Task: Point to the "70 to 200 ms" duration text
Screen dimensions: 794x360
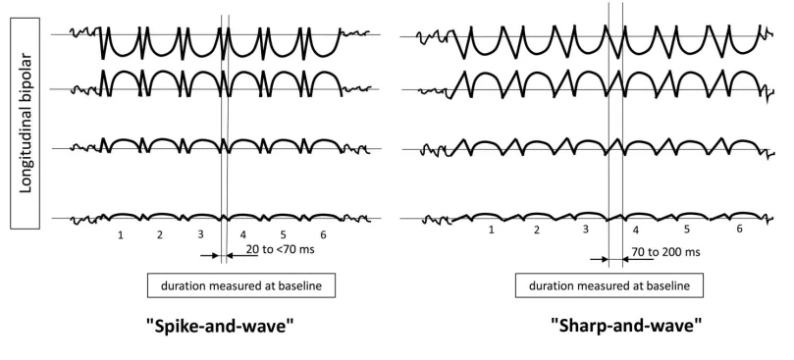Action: point(668,252)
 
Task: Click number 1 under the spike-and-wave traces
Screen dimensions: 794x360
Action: point(121,235)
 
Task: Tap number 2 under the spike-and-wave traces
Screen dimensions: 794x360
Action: point(159,235)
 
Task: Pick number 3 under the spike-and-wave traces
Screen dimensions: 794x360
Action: point(200,235)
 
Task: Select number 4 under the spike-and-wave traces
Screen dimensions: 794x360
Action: point(241,235)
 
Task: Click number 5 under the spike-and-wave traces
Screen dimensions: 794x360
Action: point(283,235)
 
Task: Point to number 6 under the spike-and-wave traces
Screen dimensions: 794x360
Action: point(323,235)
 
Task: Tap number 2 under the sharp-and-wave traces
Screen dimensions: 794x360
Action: point(537,230)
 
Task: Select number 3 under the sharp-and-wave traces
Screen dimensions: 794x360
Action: point(586,230)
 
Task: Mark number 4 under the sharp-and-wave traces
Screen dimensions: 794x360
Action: point(636,231)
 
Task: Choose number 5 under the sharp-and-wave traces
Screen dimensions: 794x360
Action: point(687,230)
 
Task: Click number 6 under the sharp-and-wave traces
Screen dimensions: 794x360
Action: point(739,229)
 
